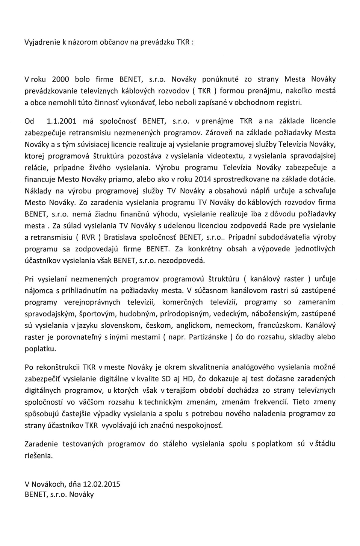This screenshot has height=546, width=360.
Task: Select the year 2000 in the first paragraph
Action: point(60,79)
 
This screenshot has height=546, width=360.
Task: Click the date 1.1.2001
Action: point(62,121)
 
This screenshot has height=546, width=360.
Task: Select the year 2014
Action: point(196,179)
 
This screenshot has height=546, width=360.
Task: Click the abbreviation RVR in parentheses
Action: point(88,237)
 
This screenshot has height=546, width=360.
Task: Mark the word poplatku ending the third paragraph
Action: point(40,349)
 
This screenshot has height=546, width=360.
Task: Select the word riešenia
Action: point(38,456)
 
